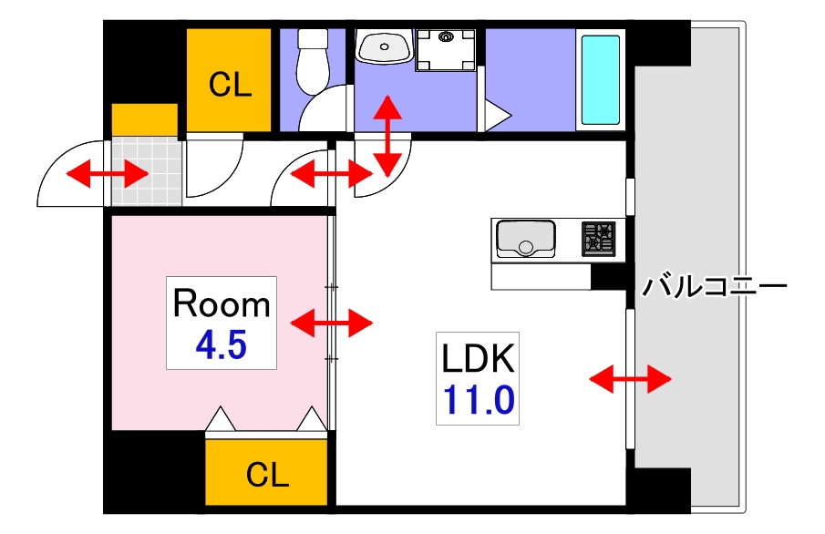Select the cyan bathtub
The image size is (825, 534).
point(601,80)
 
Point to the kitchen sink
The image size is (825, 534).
point(525,240)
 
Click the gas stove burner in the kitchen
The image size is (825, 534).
point(599,238)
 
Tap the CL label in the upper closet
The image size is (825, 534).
point(230,85)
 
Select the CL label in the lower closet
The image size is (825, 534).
point(267,474)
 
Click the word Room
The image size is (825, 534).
point(222,303)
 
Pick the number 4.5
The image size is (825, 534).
point(222,345)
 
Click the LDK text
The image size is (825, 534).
point(479,359)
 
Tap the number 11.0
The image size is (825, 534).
point(479,400)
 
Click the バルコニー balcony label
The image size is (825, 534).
point(714,287)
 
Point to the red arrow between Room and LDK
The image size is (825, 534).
point(332,322)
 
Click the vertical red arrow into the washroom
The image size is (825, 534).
point(387,135)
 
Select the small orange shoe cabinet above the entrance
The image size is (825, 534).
point(144,119)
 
